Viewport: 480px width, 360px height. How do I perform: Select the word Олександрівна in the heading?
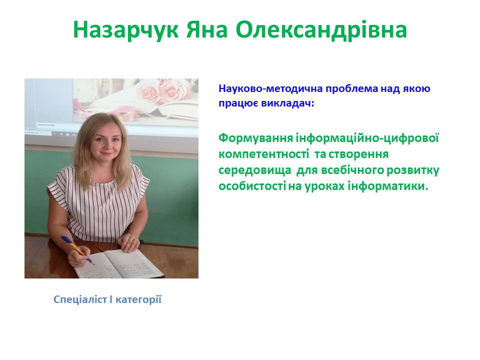pyautogui.click(x=321, y=31)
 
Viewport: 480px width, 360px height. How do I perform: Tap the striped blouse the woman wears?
pyautogui.click(x=100, y=200)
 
